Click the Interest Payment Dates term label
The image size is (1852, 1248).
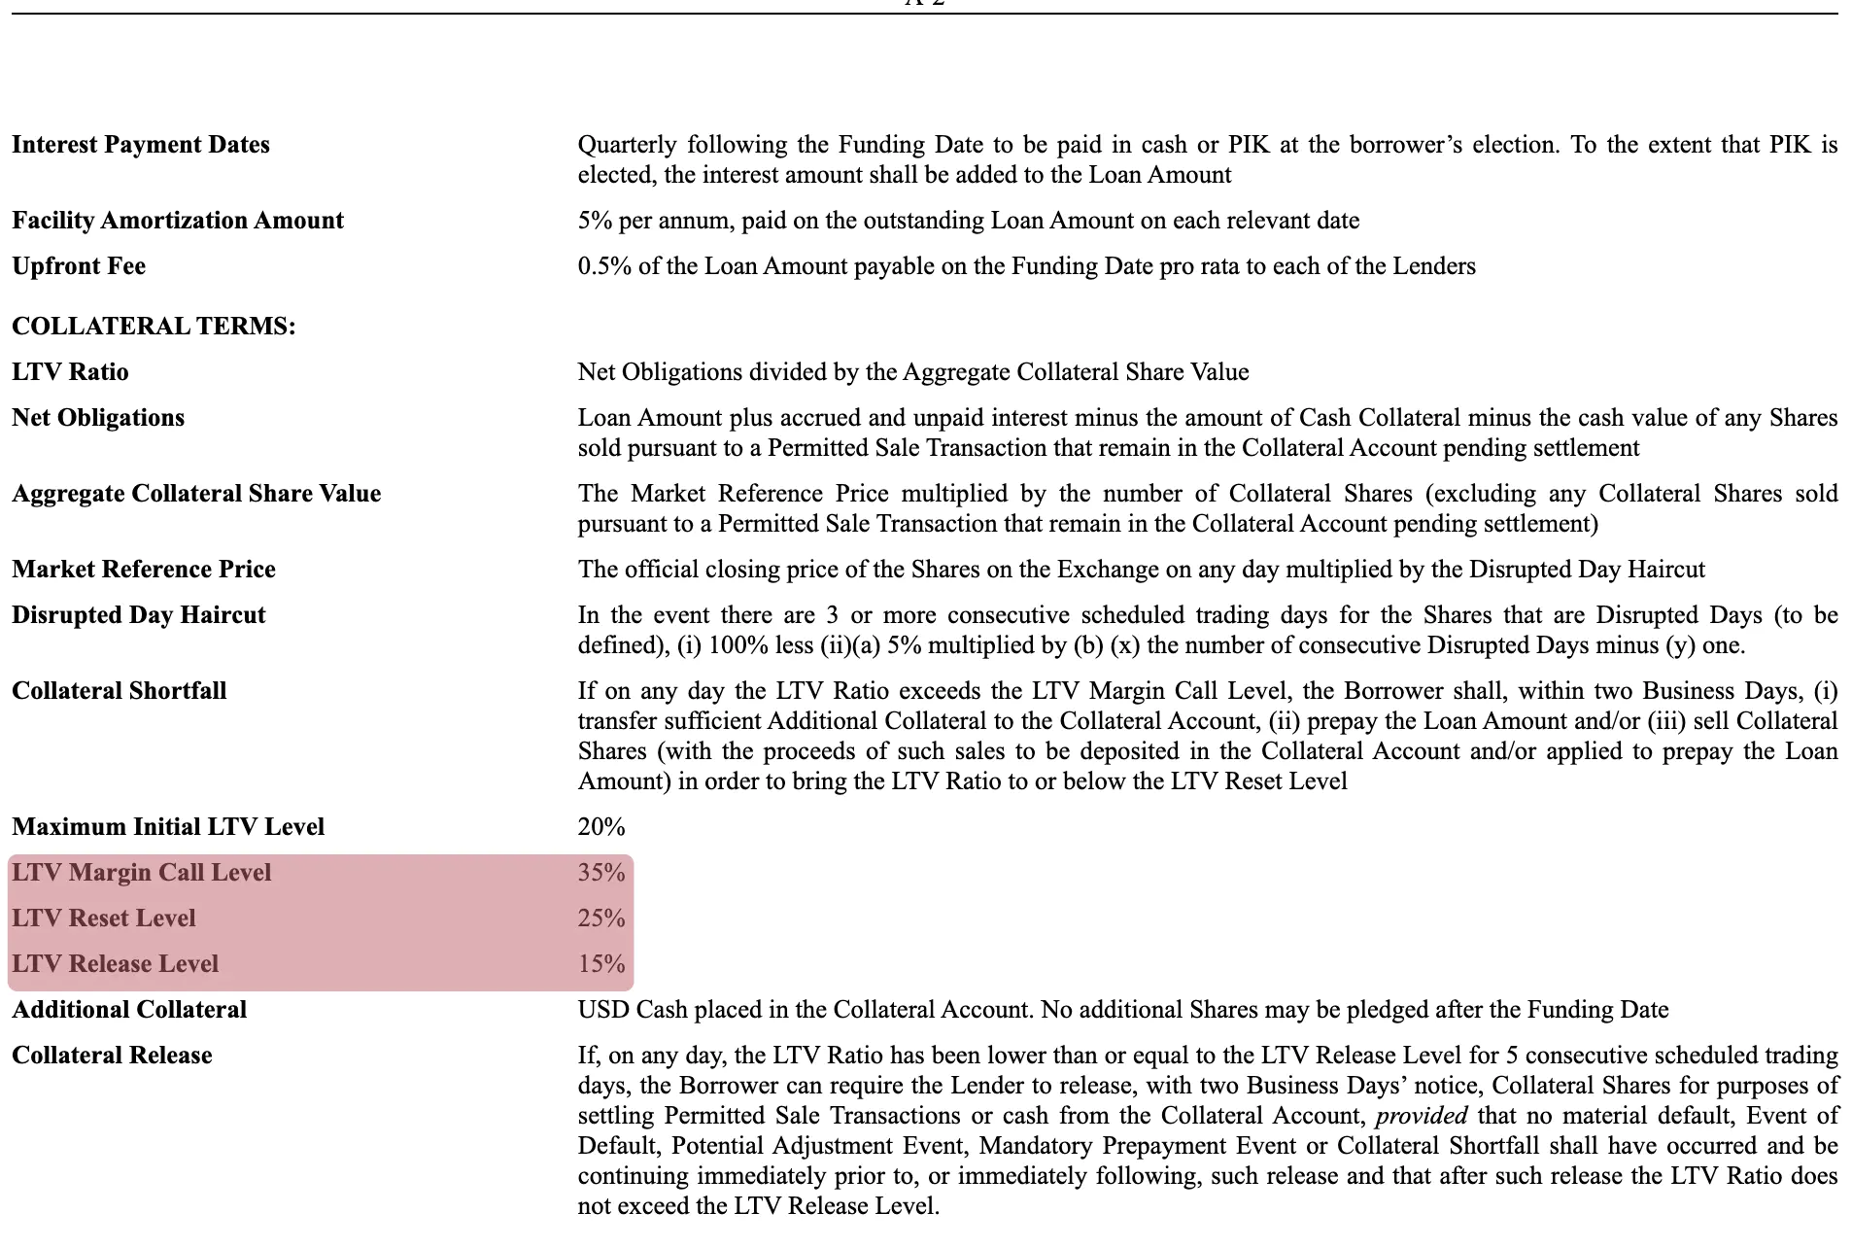point(141,145)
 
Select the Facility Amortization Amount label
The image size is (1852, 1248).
point(178,221)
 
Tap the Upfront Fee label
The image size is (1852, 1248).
point(79,266)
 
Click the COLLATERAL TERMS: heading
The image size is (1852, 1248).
point(154,327)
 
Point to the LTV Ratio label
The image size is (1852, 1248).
point(70,372)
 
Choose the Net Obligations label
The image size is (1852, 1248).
point(98,418)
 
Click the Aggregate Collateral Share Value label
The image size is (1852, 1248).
point(196,494)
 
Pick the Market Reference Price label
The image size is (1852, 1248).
point(144,570)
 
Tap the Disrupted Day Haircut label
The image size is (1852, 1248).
point(139,615)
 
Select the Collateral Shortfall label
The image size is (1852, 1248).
point(120,691)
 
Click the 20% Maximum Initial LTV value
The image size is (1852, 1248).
point(601,827)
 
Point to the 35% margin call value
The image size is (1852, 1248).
point(601,873)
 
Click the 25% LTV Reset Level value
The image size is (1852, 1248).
point(601,919)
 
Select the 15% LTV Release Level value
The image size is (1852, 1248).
point(601,964)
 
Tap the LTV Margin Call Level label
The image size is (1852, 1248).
point(142,873)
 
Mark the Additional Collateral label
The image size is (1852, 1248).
point(129,1010)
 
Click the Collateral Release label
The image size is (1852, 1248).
point(112,1056)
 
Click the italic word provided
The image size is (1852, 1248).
point(1421,1116)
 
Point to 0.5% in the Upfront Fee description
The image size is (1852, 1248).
point(603,266)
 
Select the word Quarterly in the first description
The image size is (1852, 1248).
point(627,145)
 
